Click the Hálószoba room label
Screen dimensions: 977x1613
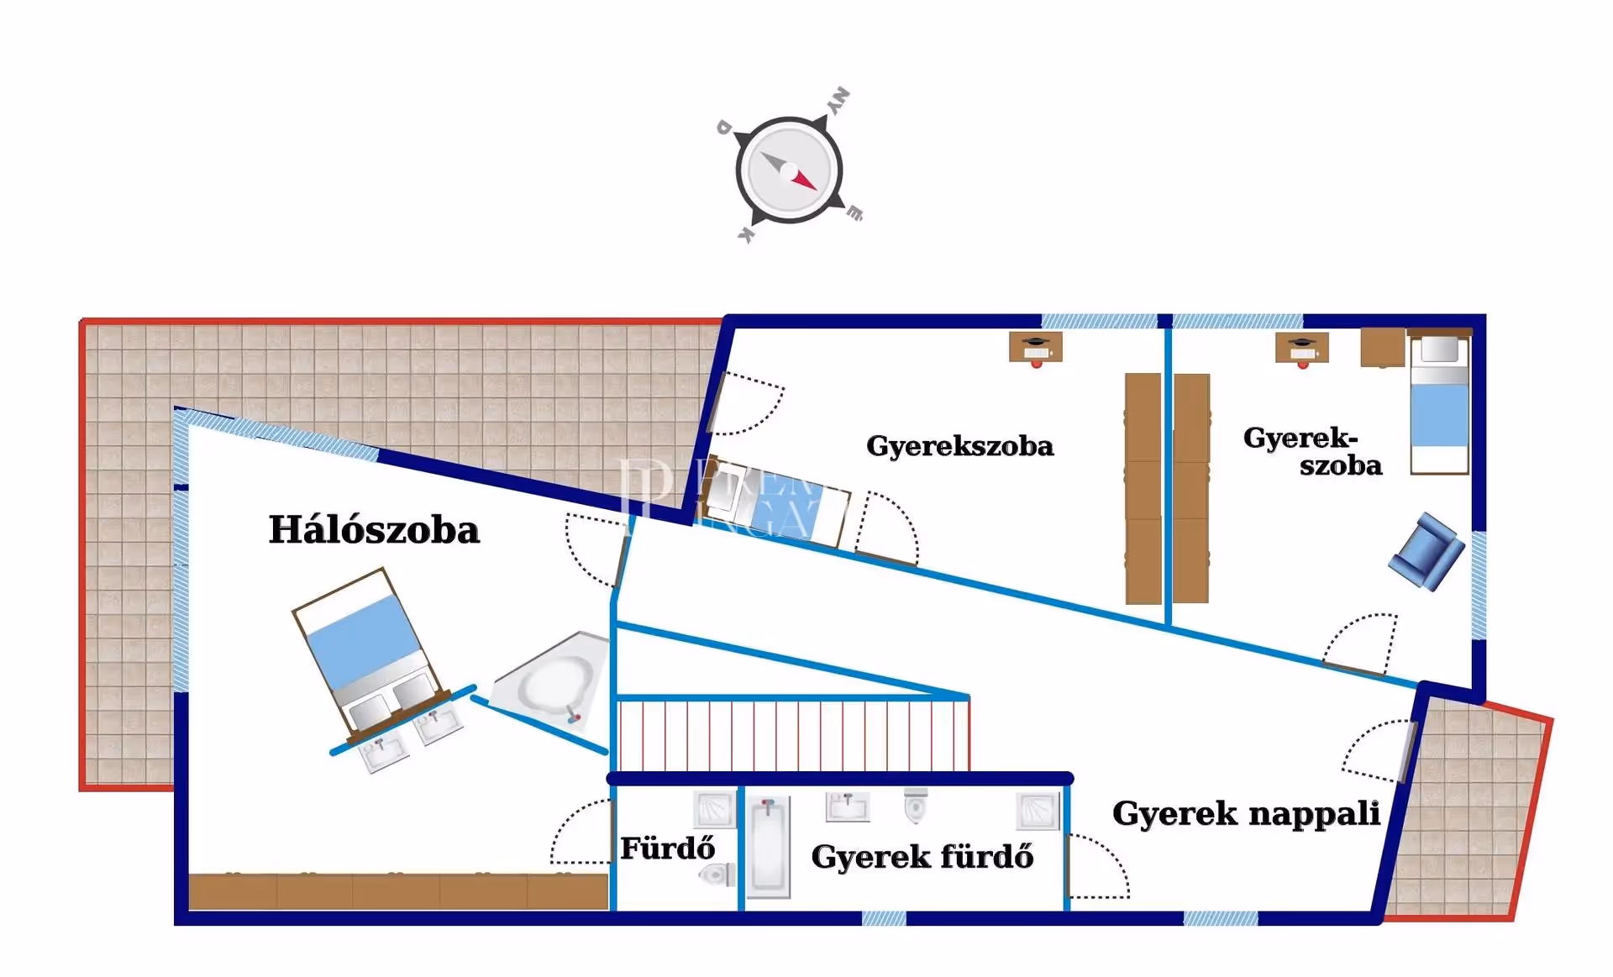(374, 530)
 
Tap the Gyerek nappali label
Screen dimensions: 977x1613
(1246, 813)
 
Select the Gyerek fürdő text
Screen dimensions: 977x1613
(922, 857)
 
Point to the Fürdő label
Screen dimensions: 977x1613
(667, 848)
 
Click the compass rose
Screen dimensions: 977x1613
(789, 171)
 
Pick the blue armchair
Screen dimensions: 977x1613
(1426, 551)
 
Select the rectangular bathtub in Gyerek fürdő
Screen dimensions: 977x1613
(769, 847)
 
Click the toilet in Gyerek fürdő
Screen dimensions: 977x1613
(916, 806)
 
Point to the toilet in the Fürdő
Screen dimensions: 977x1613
(716, 875)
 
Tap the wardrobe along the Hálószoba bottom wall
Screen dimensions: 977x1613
(398, 891)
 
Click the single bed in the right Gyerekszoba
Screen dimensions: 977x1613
(1439, 404)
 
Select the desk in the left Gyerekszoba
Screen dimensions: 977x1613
(1035, 347)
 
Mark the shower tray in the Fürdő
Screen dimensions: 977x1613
(714, 809)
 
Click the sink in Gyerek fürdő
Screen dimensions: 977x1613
(848, 807)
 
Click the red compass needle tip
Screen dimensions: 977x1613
(812, 186)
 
